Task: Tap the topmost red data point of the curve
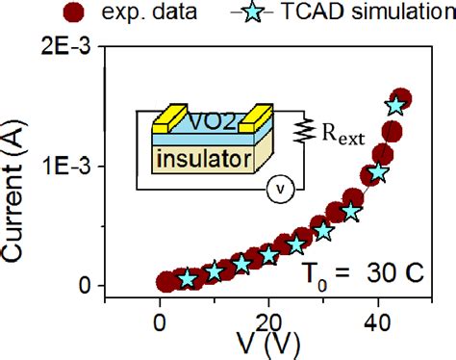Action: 401,99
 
